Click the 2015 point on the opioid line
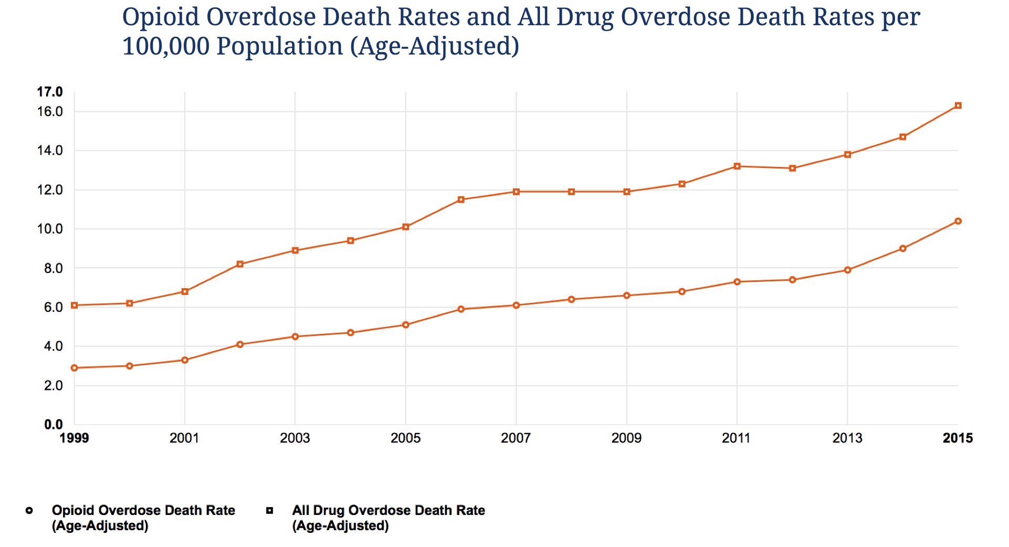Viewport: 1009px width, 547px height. [958, 221]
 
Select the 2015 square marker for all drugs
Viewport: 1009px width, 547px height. [958, 106]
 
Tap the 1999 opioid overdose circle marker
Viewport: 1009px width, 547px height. [75, 368]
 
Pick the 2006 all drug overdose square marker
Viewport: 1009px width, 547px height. [461, 199]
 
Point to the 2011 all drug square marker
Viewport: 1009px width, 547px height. [737, 166]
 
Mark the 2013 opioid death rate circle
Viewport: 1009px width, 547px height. [847, 270]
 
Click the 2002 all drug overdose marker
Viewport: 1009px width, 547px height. [240, 264]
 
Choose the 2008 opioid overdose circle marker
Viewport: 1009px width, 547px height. [571, 299]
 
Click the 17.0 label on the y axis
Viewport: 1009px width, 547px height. [50, 92]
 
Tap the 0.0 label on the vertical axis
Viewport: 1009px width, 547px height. [53, 424]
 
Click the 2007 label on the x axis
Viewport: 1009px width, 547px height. [516, 438]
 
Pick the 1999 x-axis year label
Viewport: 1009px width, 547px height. [75, 438]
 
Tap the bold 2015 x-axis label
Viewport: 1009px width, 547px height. [958, 438]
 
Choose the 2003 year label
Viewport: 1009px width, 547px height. [295, 438]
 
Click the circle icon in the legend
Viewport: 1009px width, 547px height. [29, 510]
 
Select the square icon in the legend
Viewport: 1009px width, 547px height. [270, 510]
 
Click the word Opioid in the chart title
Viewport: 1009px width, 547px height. [161, 17]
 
